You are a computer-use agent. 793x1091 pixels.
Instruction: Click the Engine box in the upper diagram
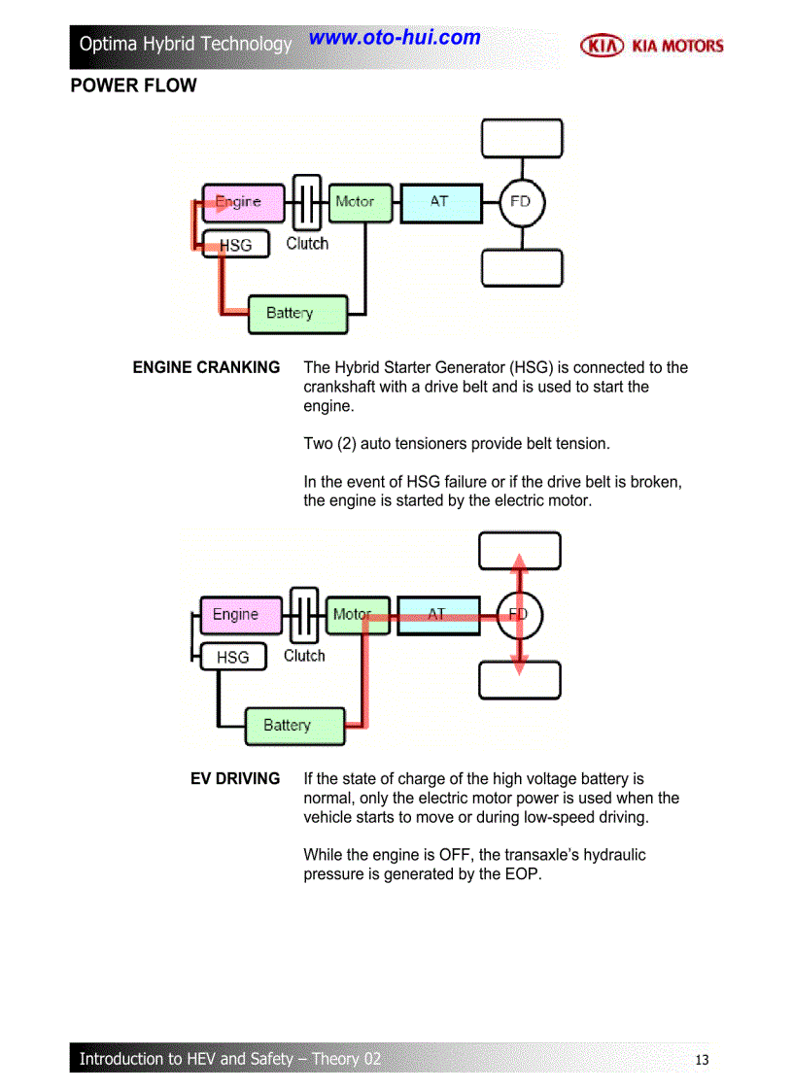coord(243,202)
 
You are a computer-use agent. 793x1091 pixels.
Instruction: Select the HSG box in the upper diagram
coord(234,245)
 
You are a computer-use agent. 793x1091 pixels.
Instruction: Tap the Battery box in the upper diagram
coord(296,314)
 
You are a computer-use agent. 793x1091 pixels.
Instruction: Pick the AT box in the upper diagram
coord(440,202)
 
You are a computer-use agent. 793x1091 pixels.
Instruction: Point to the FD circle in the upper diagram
coord(521,202)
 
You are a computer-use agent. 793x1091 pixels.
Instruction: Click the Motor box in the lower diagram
coord(357,615)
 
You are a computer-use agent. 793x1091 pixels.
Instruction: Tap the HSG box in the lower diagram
coord(232,658)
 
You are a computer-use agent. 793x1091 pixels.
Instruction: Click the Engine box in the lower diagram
coord(240,615)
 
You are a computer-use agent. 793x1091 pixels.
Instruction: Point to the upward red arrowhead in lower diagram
coord(520,563)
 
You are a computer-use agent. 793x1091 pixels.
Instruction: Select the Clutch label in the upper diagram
coord(307,244)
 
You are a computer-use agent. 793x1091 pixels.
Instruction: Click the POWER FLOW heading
coord(133,85)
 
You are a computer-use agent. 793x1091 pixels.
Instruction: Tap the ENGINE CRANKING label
coord(206,367)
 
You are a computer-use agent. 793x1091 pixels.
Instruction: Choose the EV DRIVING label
coord(235,779)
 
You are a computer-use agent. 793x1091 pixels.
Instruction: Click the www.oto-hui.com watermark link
coord(395,38)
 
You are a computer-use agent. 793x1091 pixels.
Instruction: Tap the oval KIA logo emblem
coord(602,46)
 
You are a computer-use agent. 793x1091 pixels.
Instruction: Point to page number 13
coord(703,1059)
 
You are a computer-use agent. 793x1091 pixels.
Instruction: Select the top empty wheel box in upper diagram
coord(522,138)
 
